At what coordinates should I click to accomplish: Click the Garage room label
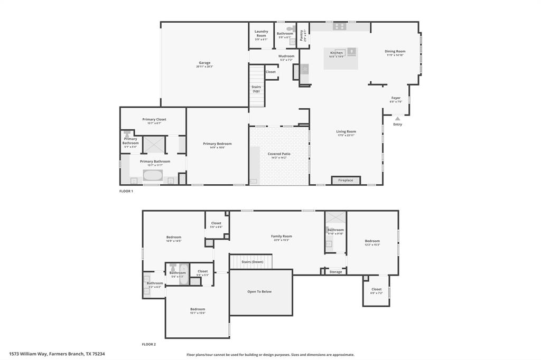click(204, 63)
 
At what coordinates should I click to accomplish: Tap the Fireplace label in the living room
click(346, 181)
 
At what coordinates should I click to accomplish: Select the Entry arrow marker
click(397, 119)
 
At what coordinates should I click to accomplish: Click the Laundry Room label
click(261, 33)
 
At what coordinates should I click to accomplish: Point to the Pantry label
click(302, 35)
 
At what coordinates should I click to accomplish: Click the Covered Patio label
click(278, 154)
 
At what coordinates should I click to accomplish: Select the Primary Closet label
click(154, 119)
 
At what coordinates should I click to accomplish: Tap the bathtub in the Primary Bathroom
click(153, 176)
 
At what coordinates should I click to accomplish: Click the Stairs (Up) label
click(256, 89)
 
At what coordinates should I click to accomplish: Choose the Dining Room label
click(395, 51)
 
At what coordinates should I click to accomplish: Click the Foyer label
click(396, 98)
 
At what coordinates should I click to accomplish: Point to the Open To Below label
click(259, 291)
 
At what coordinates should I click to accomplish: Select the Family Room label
click(281, 236)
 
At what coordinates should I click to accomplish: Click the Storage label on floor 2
click(335, 272)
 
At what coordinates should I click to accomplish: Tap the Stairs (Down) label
click(252, 262)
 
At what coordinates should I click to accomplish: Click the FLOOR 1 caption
click(126, 191)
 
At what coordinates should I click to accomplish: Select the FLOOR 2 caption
click(148, 344)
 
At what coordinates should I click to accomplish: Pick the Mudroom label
click(286, 56)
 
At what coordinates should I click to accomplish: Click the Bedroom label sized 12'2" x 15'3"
click(372, 241)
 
